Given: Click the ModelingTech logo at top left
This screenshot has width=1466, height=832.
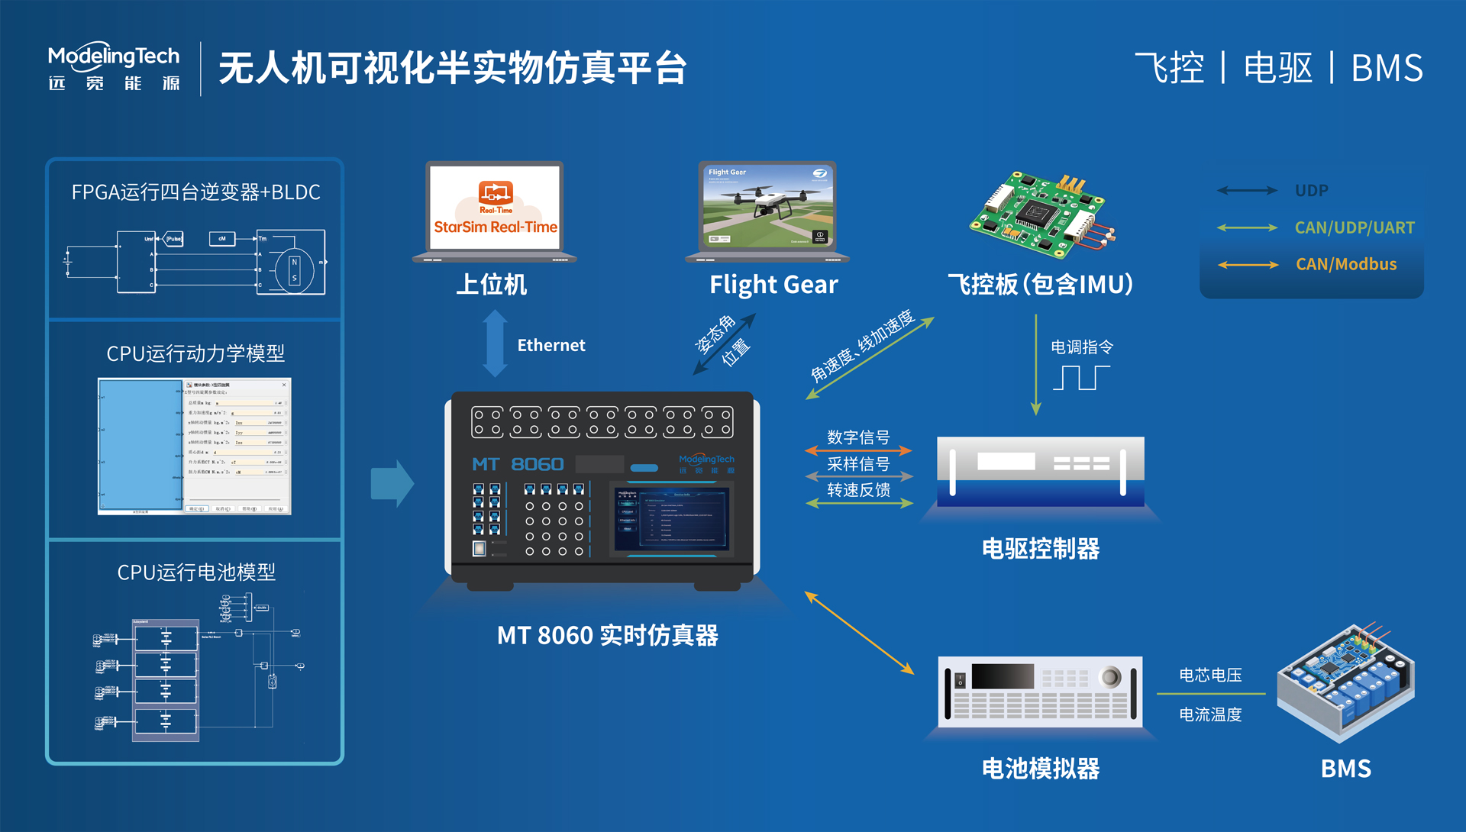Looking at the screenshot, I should (114, 67).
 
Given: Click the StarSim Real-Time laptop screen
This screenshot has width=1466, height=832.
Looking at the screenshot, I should (495, 207).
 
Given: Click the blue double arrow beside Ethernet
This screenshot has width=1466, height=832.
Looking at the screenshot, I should (495, 343).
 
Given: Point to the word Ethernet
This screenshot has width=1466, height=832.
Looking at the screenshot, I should (551, 345).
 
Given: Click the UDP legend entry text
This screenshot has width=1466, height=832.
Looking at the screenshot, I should (1311, 190).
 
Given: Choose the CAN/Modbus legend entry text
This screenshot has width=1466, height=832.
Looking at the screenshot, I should (1345, 264).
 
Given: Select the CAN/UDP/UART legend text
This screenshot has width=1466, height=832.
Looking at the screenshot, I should (1354, 227).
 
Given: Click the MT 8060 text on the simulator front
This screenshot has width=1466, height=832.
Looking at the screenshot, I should (518, 464).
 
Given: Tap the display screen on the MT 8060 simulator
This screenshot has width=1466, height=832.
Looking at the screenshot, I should (672, 520).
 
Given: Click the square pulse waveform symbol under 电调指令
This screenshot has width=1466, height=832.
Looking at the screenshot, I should (1081, 378).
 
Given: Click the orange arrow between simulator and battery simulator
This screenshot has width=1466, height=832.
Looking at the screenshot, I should (859, 633).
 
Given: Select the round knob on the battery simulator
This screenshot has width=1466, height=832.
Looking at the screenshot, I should (1109, 676).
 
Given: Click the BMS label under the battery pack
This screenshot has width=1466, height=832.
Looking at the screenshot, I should (1345, 768).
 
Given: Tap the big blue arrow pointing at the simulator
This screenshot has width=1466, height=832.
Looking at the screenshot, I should (392, 483).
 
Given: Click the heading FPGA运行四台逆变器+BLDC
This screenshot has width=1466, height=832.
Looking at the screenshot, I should (195, 192).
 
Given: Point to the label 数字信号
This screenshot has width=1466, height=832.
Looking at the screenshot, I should (858, 437).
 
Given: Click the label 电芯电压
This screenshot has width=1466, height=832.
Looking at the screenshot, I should (1210, 675).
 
